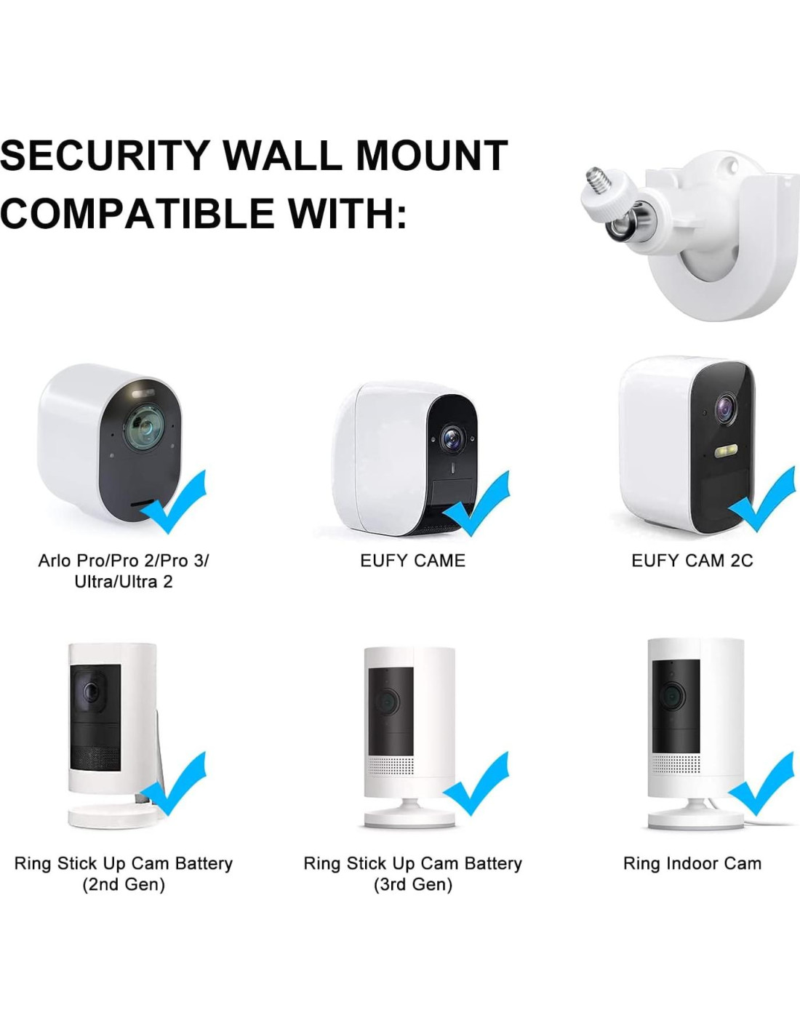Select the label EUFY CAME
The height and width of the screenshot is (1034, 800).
point(412,561)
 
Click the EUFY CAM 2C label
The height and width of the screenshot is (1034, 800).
point(692,561)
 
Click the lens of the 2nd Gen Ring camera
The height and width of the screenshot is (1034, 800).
point(90,690)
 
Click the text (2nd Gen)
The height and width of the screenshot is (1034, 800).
point(123,885)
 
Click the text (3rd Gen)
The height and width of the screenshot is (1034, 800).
point(412,885)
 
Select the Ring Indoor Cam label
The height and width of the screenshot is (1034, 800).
point(692,864)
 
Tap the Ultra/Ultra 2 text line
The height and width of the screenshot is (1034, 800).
point(123,582)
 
